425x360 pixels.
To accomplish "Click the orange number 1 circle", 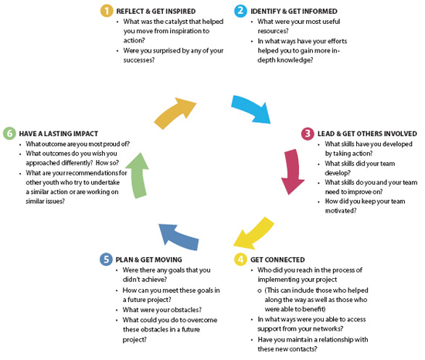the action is pos(107,11).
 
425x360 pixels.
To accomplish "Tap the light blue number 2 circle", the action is pos(240,11).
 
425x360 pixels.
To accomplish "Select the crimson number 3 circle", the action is pos(308,134).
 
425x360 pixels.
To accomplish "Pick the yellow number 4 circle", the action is pos(240,260).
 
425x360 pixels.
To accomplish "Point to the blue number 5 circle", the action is pos(107,260).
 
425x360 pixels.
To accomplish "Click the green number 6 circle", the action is pos(10,134).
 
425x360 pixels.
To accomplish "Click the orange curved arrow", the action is pos(175,113).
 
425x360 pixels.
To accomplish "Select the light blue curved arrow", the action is pos(250,108).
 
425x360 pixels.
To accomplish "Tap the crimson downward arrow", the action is pos(293,172).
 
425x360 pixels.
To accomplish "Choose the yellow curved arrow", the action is pos(253,234).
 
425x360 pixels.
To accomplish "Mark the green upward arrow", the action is pos(138,175).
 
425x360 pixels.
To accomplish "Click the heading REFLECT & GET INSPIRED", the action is pos(156,12).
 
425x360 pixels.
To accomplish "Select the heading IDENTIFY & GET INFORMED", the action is pos(294,12).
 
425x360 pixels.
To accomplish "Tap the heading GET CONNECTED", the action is pos(277,260).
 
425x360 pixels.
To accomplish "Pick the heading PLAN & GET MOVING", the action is pos(149,260).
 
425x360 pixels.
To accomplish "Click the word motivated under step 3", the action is pos(340,211).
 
